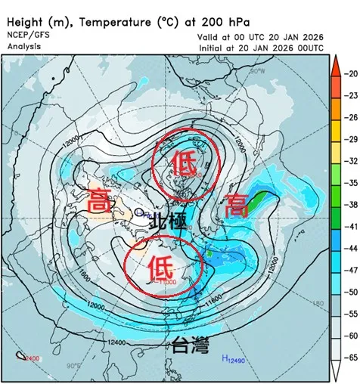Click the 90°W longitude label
point(258,71)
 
